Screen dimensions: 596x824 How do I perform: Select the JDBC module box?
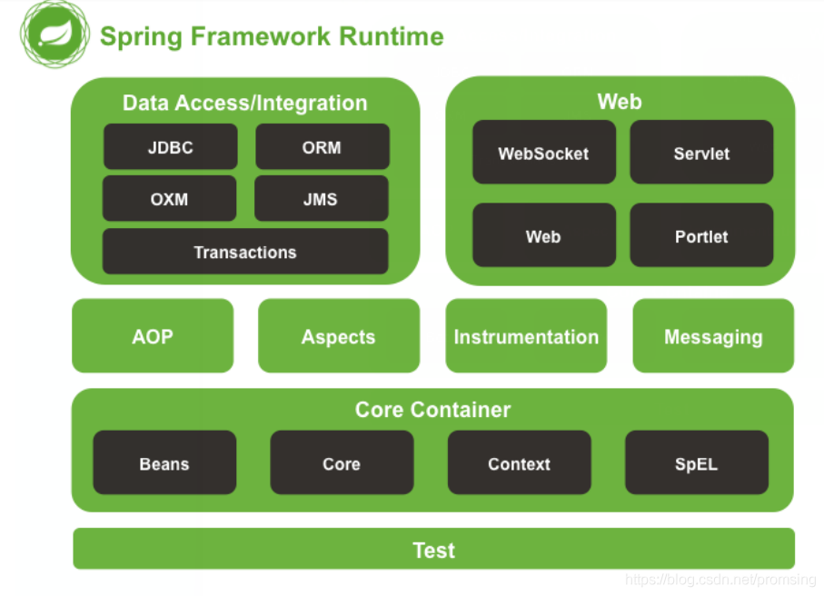click(170, 147)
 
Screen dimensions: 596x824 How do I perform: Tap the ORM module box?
click(322, 147)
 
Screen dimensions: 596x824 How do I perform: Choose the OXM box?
click(169, 199)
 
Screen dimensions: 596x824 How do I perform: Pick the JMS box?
click(321, 199)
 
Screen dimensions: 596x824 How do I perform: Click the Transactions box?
click(245, 252)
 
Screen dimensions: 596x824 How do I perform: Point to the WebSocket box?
click(543, 153)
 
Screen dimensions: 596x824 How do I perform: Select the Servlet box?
click(701, 153)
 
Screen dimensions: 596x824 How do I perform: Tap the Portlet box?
click(701, 235)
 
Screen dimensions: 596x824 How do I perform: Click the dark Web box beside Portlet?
click(543, 235)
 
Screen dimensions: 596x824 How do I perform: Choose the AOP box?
click(153, 336)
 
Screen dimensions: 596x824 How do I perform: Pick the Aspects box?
click(339, 336)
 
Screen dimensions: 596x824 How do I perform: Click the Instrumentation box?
click(526, 336)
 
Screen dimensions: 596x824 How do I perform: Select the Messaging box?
click(713, 336)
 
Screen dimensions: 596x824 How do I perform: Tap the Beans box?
click(164, 462)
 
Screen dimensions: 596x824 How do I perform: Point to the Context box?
click(519, 462)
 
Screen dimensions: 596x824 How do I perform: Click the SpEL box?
click(697, 462)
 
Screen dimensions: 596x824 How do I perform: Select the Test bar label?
click(434, 550)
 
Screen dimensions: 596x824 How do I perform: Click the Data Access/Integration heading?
click(245, 103)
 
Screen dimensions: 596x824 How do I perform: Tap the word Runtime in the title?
click(392, 37)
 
